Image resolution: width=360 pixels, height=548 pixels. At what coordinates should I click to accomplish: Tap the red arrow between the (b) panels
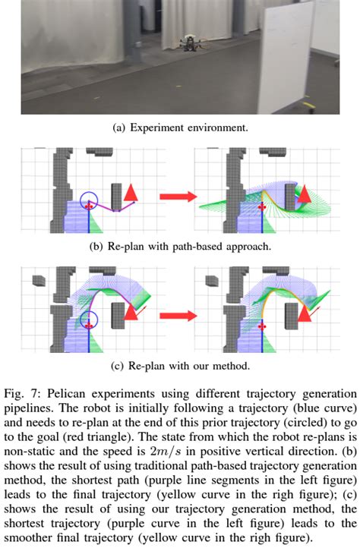(x=177, y=197)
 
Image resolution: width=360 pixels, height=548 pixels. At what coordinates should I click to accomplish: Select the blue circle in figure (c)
(x=90, y=321)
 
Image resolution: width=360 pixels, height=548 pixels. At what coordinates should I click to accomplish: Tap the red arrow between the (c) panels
(x=177, y=312)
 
